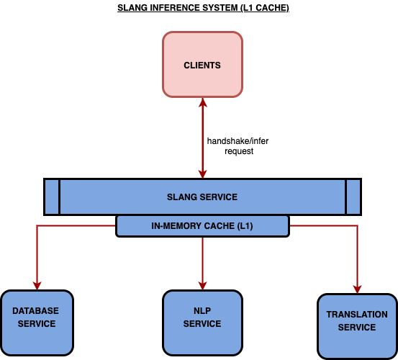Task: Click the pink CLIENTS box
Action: click(202, 65)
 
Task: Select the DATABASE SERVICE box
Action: click(37, 323)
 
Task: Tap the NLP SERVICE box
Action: click(202, 323)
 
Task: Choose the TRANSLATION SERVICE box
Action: click(357, 326)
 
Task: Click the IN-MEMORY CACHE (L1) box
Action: click(202, 226)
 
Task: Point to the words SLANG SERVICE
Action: click(202, 197)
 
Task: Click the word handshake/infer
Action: click(238, 141)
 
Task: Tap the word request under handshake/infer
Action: click(239, 151)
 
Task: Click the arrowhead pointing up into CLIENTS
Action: click(202, 102)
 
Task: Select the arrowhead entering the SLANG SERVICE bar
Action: click(202, 174)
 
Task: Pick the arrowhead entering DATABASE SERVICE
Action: click(37, 286)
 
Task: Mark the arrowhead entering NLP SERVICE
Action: click(202, 286)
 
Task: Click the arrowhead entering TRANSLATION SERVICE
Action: click(357, 289)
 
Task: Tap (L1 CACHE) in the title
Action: click(265, 8)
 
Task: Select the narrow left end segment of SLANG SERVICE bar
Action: click(52, 197)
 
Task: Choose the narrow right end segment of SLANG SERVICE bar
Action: click(353, 197)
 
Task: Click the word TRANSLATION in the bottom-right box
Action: click(357, 315)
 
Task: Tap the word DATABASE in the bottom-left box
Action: click(35, 311)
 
